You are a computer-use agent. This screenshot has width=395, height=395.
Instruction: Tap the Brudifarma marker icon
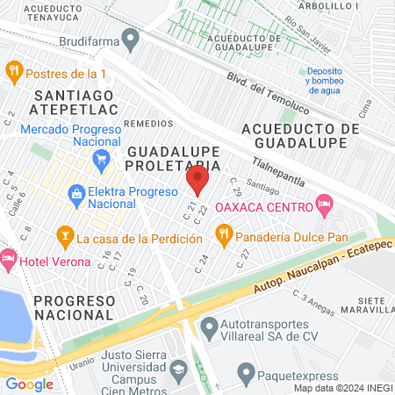[x=131, y=39]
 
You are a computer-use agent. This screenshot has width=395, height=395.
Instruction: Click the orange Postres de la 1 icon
[x=13, y=70]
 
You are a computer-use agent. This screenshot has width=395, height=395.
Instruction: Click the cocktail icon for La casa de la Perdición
[x=63, y=235]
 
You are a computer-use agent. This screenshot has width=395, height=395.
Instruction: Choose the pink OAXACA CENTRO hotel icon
[x=324, y=205]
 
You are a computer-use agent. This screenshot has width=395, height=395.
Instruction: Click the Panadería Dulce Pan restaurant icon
[x=224, y=235]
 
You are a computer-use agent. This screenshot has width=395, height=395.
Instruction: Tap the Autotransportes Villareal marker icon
[x=209, y=329]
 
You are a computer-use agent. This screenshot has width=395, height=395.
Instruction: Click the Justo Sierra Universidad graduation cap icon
[x=179, y=370]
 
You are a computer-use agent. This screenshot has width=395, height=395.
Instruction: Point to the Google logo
[x=29, y=384]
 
